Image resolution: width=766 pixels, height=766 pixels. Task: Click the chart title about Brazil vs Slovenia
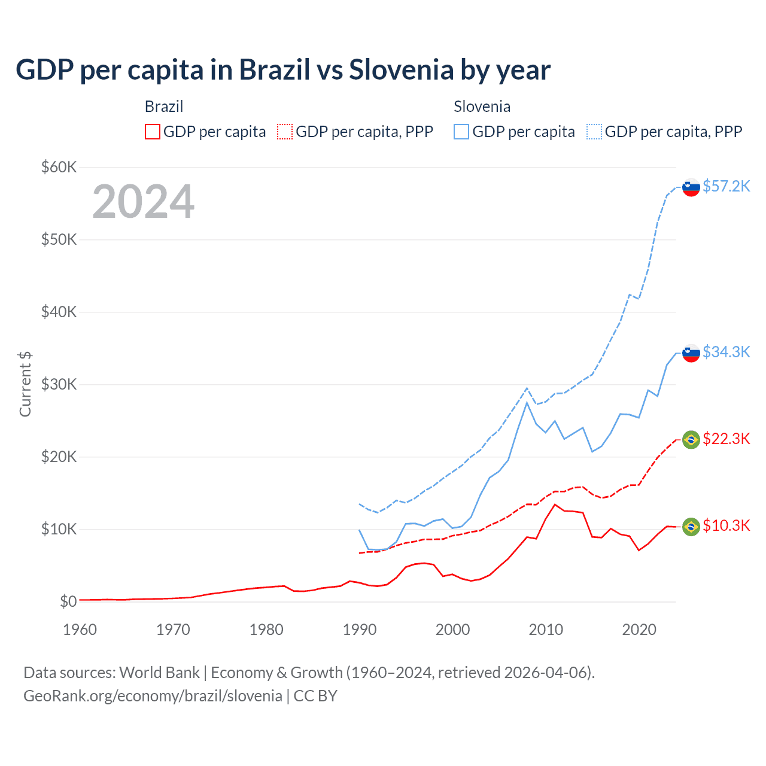[282, 70]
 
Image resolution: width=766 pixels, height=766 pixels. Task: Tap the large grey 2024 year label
[143, 202]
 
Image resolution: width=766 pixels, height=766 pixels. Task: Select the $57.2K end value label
[726, 186]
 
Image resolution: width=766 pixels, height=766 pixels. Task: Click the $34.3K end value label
[726, 352]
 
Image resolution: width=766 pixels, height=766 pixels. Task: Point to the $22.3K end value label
[726, 439]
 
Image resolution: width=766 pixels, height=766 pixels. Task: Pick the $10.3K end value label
[726, 526]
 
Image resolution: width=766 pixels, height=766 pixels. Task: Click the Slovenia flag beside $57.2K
[691, 187]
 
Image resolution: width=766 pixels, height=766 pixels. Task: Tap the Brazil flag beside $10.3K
[691, 527]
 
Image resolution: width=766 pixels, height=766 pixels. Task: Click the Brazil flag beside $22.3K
[691, 440]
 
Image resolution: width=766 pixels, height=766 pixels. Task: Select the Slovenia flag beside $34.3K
[691, 353]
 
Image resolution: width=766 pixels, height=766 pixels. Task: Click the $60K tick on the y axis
[59, 167]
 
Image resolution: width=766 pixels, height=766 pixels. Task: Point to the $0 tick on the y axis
[68, 601]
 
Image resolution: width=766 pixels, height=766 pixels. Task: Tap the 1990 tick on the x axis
[360, 630]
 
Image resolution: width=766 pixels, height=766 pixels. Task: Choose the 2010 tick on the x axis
[546, 630]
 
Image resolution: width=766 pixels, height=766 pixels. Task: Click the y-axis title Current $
[25, 384]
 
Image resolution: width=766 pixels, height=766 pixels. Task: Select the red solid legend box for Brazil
[153, 132]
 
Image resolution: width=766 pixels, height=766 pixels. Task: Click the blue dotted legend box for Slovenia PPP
[594, 132]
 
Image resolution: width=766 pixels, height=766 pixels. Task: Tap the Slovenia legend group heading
[482, 107]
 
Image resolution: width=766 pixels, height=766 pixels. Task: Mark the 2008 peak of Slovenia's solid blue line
[527, 402]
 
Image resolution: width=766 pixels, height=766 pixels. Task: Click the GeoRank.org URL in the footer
[153, 696]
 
